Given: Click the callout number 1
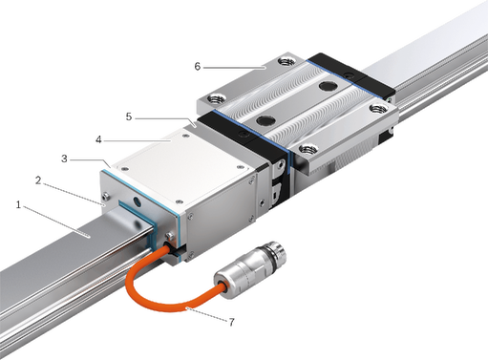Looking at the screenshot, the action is pos(18,205).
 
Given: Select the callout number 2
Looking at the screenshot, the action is pos(38,180).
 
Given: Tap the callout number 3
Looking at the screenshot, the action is pos(64,159).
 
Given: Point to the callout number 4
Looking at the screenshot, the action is pos(98,139).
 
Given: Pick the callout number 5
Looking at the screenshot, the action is pos(129,116).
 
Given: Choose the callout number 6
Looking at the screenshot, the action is pos(198,67).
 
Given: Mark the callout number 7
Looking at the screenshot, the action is pos(231,322).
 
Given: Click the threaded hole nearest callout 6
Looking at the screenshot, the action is pos(286,61).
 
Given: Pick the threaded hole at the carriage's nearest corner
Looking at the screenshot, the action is pos(308,149).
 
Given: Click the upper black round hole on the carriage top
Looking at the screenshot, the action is pos(327,85).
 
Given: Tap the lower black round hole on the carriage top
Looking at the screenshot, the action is pos(265,120).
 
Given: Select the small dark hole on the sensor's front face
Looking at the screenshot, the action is pos(137,201).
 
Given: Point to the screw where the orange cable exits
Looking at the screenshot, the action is pos(169,236).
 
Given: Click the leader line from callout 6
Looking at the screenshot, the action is pos(234,68).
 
